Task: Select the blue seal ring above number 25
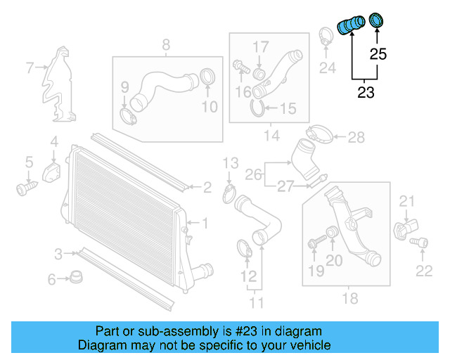(x=377, y=20)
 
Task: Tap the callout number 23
(x=366, y=92)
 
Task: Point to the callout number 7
(x=30, y=68)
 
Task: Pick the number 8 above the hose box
(x=166, y=45)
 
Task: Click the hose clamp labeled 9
(x=128, y=113)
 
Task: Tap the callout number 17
(x=261, y=46)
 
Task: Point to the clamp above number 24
(x=326, y=35)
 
